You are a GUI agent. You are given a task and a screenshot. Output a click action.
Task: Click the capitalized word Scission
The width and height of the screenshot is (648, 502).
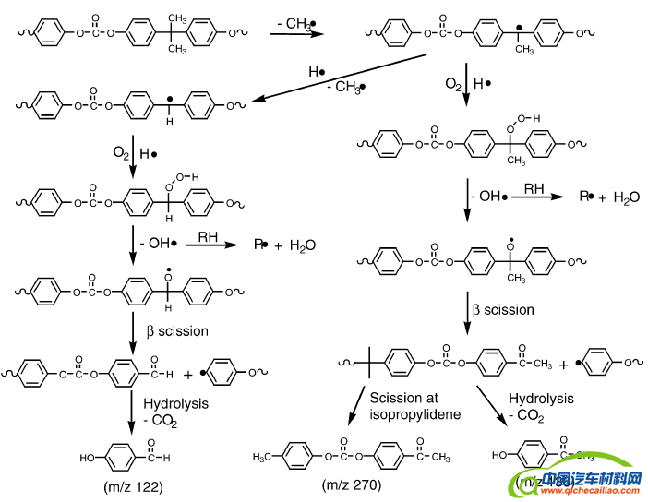[395, 399]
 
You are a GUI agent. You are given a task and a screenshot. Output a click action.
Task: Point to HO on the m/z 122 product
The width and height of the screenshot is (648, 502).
[87, 456]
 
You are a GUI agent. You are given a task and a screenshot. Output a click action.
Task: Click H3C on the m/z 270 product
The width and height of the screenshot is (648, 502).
[266, 456]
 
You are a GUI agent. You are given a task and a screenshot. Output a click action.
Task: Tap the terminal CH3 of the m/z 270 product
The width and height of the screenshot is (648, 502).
[441, 456]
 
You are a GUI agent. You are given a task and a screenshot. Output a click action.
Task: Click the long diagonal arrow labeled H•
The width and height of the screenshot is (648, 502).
[345, 77]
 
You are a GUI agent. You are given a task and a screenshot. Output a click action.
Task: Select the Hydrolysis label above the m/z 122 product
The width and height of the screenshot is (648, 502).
[176, 403]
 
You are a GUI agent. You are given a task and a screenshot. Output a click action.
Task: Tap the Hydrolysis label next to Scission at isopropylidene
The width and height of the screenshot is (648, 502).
[541, 399]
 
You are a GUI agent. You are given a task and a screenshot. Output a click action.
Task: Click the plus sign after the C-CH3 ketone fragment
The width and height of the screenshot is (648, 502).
[564, 365]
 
